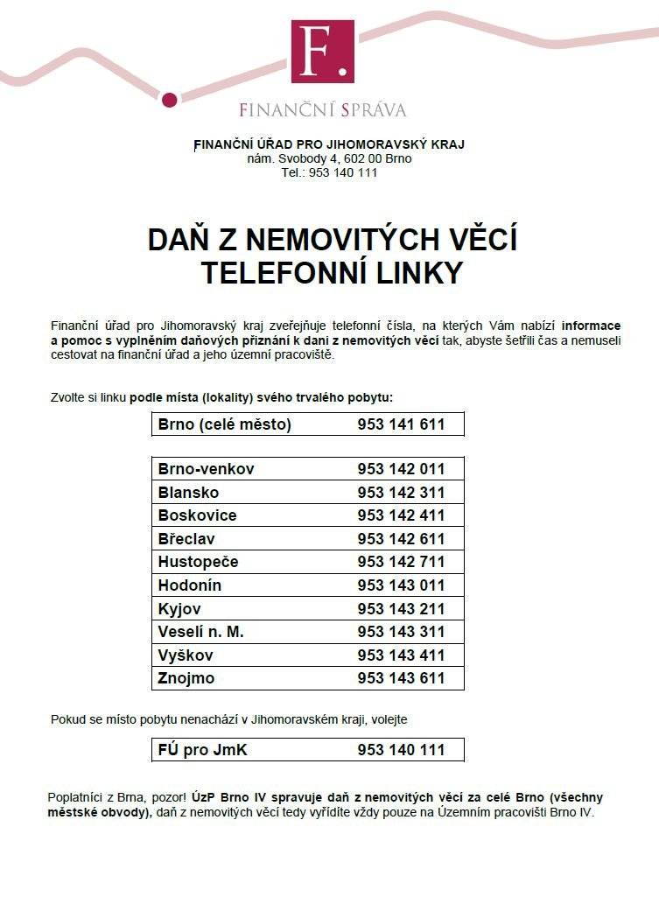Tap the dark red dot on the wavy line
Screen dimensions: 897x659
point(170,99)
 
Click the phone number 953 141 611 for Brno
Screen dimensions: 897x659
point(401,424)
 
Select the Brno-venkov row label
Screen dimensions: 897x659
point(206,469)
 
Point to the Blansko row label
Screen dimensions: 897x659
point(188,492)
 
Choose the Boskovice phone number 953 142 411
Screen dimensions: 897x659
point(401,515)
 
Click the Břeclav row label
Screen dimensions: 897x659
point(186,538)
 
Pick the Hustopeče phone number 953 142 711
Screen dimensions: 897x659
point(401,562)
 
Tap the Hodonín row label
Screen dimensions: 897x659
point(190,585)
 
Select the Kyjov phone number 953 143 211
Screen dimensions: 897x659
point(401,608)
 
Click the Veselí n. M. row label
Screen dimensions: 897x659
point(200,631)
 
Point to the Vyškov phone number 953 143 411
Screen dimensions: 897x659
point(401,655)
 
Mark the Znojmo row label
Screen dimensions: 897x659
point(186,678)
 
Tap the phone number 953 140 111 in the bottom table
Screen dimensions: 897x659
point(401,750)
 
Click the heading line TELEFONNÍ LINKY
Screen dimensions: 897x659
point(332,274)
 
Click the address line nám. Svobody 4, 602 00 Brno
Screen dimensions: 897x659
point(329,158)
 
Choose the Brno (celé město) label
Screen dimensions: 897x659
point(224,424)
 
